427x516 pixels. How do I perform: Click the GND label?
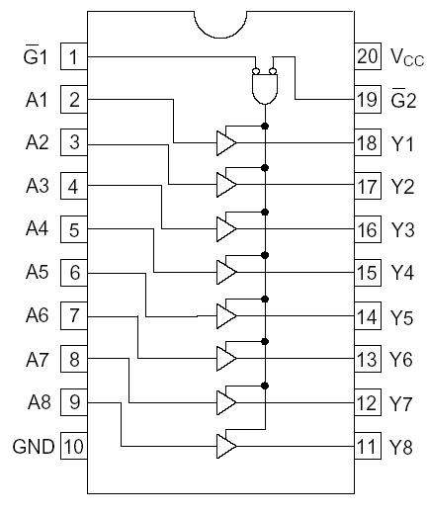coord(34,447)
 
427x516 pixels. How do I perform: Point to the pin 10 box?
coord(74,447)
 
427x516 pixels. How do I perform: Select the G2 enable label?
coord(401,99)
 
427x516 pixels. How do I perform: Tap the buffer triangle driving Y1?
coord(226,142)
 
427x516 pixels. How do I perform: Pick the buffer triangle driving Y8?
coord(226,447)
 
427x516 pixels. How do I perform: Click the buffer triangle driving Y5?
coord(226,316)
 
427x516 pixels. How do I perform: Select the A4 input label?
coord(36,229)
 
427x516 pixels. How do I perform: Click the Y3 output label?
coord(401,229)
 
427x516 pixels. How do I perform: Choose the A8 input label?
coord(36,403)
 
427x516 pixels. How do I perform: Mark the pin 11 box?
coord(367,447)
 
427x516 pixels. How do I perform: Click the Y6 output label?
coord(401,360)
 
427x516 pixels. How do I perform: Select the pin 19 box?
coord(367,99)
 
